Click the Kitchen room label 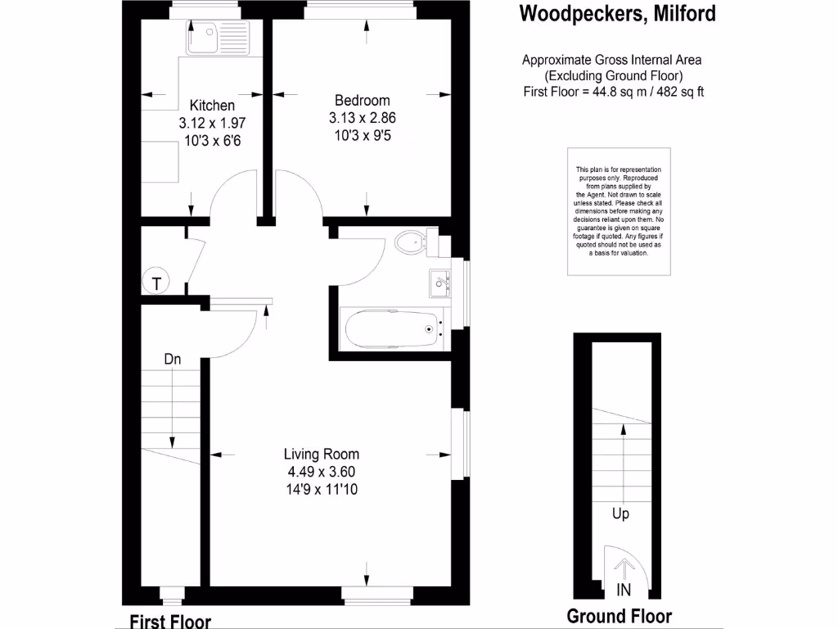(212, 106)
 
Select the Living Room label (321, 454)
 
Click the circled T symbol (156, 283)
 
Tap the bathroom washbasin (439, 283)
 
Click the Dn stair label (172, 359)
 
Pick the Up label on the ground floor (620, 514)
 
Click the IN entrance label (624, 591)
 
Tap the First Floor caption (170, 622)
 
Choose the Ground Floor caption (619, 617)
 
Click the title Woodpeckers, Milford (617, 14)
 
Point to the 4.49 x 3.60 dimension (321, 472)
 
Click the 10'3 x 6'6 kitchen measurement (212, 140)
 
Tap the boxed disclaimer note (619, 211)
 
